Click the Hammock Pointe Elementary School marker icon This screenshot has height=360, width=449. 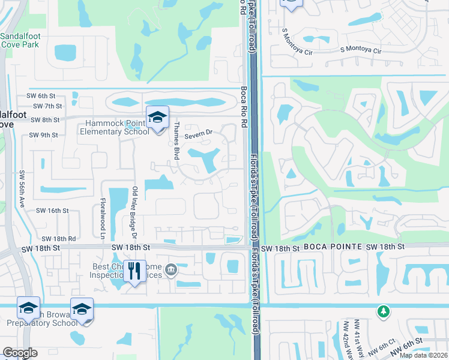(x=157, y=117)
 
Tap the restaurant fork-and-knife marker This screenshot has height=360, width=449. (x=134, y=271)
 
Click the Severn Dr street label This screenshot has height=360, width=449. (x=199, y=135)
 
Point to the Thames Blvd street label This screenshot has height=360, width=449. (x=176, y=136)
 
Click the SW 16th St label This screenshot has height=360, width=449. (x=53, y=211)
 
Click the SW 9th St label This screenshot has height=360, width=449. (x=43, y=135)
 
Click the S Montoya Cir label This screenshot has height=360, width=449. (x=361, y=51)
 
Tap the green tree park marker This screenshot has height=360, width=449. (x=383, y=311)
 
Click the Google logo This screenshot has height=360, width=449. (x=20, y=353)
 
